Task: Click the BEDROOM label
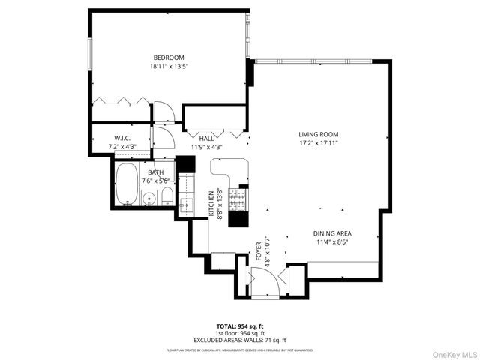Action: coord(169,58)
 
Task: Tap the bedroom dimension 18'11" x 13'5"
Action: coord(169,66)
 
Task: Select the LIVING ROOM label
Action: coord(315,133)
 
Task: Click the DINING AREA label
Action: coord(331,233)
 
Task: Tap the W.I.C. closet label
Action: coord(123,138)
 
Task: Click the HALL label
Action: coord(207,139)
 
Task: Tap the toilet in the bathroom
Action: coord(168,197)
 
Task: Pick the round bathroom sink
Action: coord(148,199)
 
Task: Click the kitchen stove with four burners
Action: coord(238,199)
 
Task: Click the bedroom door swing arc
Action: coord(164,112)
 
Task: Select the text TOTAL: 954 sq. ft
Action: coord(241,326)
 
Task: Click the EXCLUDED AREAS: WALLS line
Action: coord(241,340)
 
